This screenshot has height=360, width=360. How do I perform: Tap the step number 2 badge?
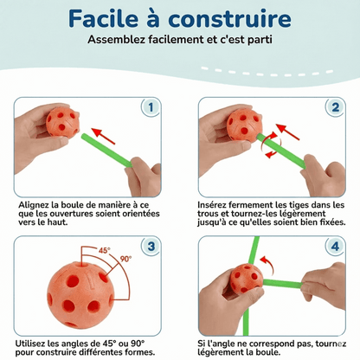(x=334, y=109)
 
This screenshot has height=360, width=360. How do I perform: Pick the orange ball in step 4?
(x=246, y=279)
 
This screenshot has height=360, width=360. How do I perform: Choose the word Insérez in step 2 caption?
(x=216, y=205)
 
